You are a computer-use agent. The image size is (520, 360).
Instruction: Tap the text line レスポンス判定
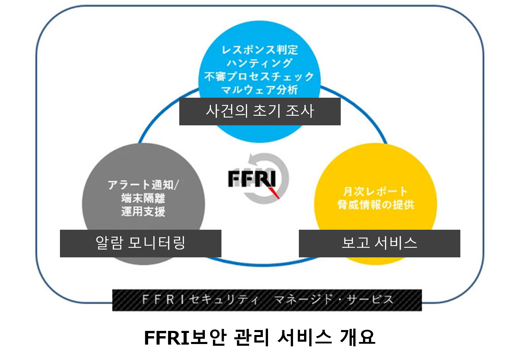coord(260,50)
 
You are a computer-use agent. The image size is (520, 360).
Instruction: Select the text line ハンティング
coord(260,63)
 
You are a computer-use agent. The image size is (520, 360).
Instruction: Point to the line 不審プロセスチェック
coord(260,76)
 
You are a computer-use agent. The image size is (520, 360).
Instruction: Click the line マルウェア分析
coord(260,90)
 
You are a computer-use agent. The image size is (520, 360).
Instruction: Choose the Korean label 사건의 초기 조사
coord(260,111)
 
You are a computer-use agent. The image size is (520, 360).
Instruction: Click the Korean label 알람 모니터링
coord(141,243)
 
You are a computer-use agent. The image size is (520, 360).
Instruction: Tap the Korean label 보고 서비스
coord(379,243)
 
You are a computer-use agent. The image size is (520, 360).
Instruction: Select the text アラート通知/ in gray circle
coord(143,185)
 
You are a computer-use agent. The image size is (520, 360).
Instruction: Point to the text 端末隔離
coord(143,198)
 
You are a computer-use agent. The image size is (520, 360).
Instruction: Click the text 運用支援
coord(143,211)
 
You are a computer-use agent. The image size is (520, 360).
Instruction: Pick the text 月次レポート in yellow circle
coord(375,192)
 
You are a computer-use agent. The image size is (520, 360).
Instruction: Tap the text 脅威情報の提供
coord(376,205)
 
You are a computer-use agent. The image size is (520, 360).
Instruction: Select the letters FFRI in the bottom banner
coord(163,300)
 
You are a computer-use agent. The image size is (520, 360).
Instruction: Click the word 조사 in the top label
coord(300,111)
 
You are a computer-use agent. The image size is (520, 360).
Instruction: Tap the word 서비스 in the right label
coord(396,243)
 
